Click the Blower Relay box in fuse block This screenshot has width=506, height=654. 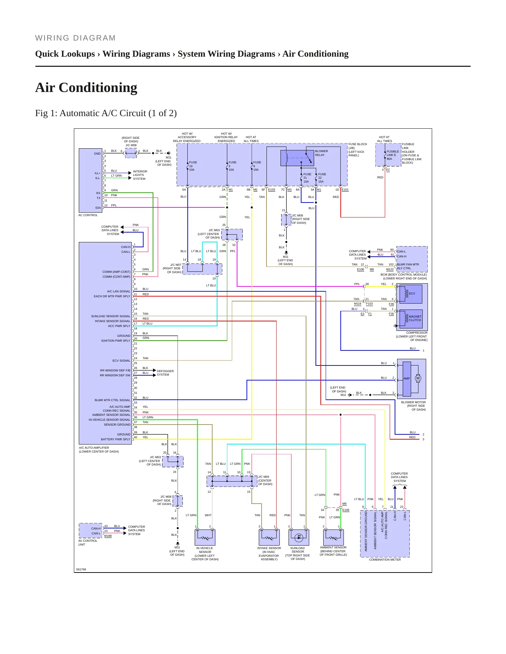pos(297,158)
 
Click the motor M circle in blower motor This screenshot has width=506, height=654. pos(418,378)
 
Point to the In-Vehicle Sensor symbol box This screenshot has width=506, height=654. pos(205,537)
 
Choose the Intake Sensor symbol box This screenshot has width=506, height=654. pos(269,537)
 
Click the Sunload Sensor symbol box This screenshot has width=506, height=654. pos(299,537)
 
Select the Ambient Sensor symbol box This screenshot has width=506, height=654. pos(333,537)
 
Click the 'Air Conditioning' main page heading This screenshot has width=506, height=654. pos(86,88)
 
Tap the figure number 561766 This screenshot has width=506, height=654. pos(81,569)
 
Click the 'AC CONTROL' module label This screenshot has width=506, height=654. pos(88,215)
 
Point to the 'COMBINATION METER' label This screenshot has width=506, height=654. pos(385,560)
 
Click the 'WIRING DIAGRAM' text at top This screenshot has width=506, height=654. pos(75,38)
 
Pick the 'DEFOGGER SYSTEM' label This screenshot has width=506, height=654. pos(165,373)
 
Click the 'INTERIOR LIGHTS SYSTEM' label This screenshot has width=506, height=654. pos(140,175)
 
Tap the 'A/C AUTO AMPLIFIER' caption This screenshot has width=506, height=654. pos(94,448)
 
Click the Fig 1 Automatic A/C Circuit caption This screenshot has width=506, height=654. pos(106,113)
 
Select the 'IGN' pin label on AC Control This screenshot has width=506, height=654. pos(98,208)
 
